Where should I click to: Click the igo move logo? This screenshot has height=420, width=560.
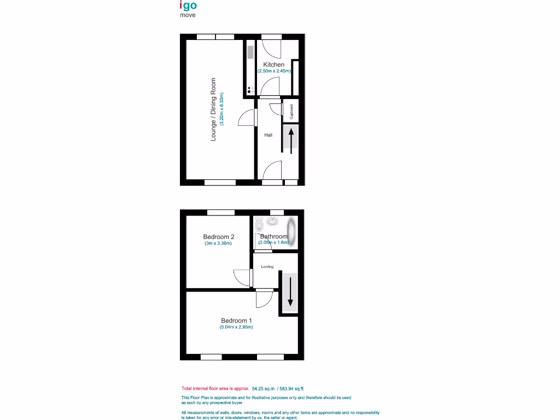tap(188, 9)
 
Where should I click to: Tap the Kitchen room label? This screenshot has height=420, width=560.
tap(273, 65)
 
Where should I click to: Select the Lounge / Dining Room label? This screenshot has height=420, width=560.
tap(214, 109)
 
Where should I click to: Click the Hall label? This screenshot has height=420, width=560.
tap(268, 135)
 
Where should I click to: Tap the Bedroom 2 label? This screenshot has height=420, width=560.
tap(218, 237)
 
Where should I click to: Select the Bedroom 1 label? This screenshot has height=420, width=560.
tap(236, 320)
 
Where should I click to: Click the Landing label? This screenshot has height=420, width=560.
tap(267, 267)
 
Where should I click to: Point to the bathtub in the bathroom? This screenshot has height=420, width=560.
tap(292, 231)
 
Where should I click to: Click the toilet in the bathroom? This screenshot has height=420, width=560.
tap(259, 224)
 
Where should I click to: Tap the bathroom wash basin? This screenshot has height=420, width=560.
tap(273, 221)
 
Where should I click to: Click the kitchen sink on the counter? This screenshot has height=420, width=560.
tap(250, 52)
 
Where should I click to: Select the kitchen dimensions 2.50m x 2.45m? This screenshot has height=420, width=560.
tap(273, 71)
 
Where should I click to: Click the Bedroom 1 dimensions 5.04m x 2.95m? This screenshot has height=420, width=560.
tap(236, 328)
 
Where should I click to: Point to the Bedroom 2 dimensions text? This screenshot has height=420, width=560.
tap(218, 243)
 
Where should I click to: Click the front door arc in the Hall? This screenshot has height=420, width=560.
tap(272, 171)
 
